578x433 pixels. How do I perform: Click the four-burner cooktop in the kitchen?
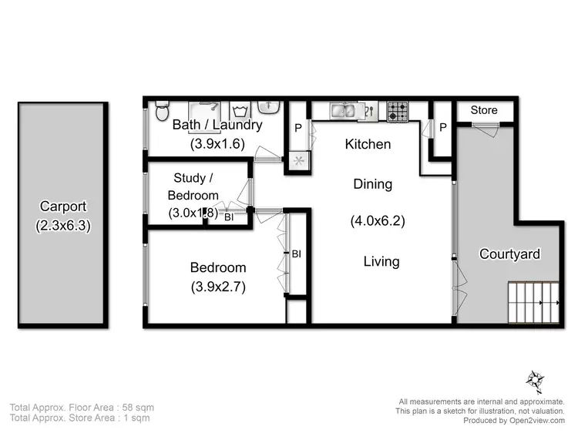[x=398, y=112]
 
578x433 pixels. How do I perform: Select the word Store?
[x=484, y=110]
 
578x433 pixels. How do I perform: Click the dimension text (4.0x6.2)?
[x=378, y=221]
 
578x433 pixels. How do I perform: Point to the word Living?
[x=381, y=261]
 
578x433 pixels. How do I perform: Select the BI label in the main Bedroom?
[x=295, y=253]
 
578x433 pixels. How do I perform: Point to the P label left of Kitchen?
[x=297, y=129]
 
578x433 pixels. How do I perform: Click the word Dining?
[x=372, y=184]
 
